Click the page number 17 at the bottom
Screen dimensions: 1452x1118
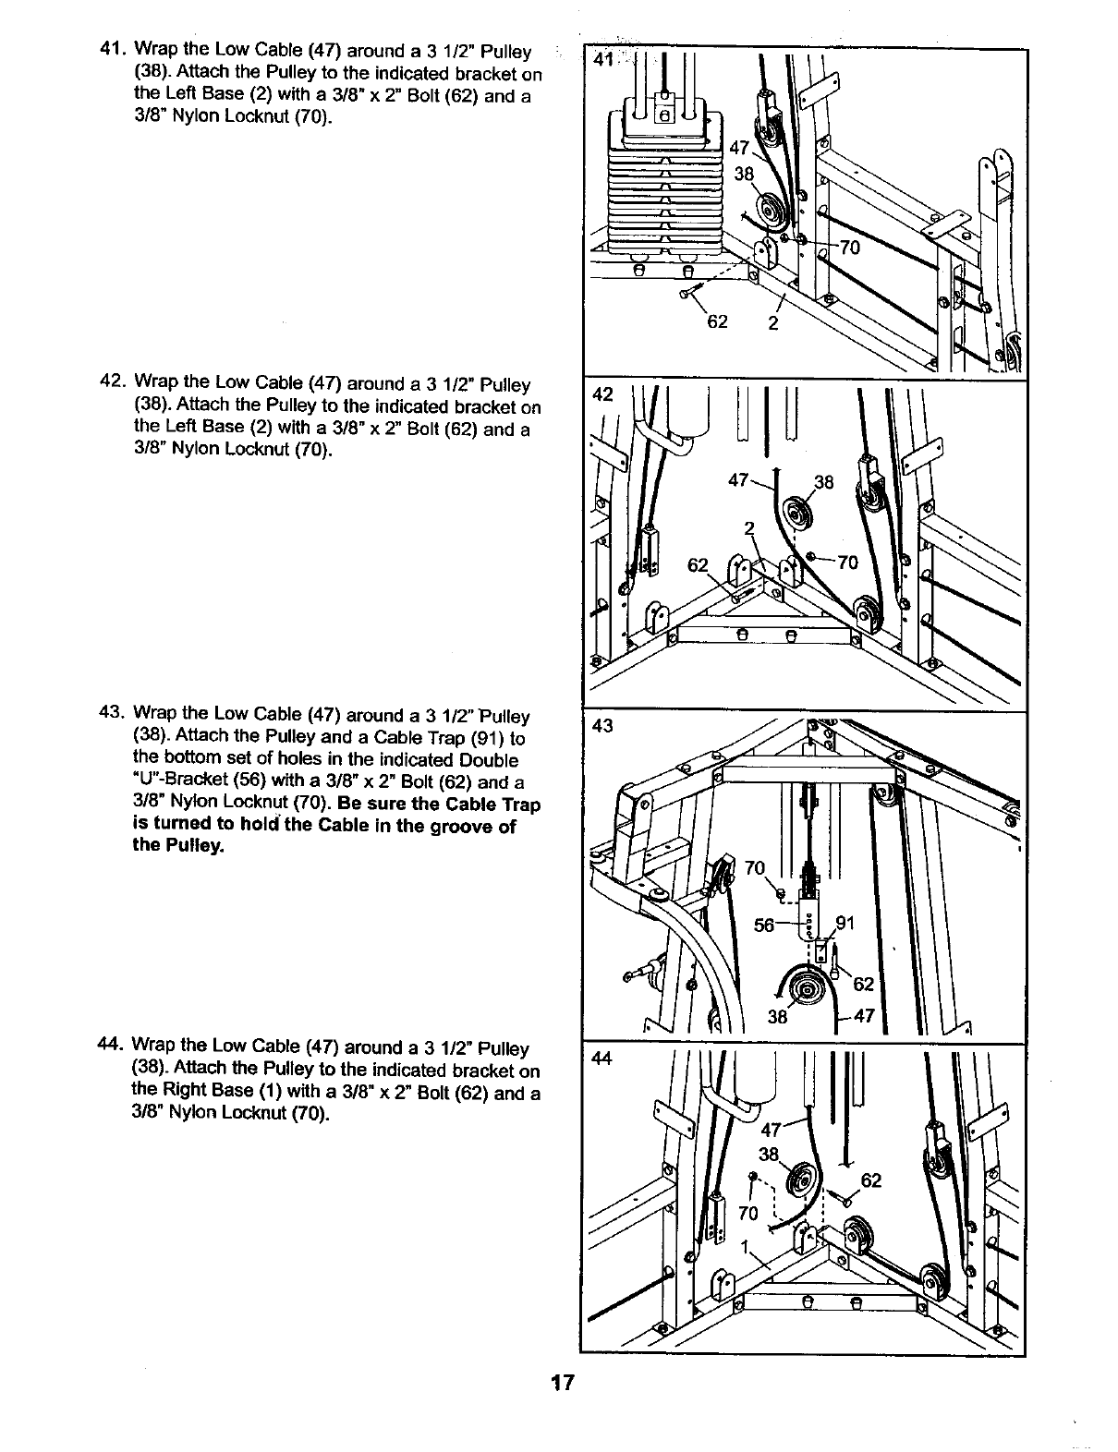click(562, 1383)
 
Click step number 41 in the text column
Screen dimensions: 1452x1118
click(112, 48)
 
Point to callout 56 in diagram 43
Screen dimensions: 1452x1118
click(765, 926)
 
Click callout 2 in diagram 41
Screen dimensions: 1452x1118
click(772, 323)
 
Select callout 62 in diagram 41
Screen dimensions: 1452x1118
click(717, 321)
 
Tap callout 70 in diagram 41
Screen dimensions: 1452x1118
click(849, 247)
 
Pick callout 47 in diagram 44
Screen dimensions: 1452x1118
click(771, 1130)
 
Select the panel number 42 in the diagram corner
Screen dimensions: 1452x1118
click(602, 394)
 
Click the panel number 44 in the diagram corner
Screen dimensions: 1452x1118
click(602, 1059)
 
